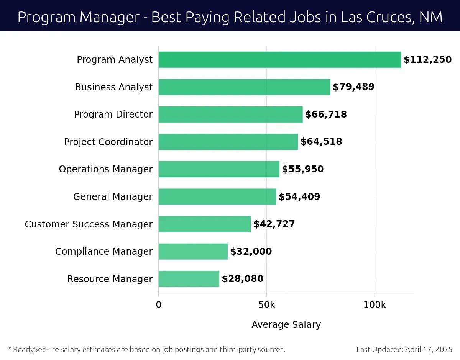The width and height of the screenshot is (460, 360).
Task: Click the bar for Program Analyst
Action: point(279,60)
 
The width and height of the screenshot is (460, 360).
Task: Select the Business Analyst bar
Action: point(244,87)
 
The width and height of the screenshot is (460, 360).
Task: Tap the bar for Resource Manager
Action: point(189,279)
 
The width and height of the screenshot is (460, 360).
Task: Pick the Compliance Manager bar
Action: point(193,252)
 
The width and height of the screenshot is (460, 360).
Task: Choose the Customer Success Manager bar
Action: point(204,224)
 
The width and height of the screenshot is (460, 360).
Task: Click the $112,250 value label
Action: point(427,60)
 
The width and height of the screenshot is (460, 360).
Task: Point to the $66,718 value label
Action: point(326,115)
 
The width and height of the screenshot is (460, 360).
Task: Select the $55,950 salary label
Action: point(302,169)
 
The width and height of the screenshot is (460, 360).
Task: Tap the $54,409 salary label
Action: point(299,197)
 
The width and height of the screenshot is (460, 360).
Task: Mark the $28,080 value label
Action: point(242,279)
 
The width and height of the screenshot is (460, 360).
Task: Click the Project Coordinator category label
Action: point(108,142)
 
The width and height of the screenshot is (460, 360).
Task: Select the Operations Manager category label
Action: point(105,169)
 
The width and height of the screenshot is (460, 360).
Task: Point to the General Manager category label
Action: point(113,197)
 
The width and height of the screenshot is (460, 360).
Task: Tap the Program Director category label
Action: point(113,115)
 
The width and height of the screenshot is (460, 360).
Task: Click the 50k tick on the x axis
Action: point(266,305)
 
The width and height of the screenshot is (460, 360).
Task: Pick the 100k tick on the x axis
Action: point(375,305)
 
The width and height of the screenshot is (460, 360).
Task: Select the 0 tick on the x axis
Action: point(159,305)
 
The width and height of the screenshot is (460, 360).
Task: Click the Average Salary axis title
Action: point(286,325)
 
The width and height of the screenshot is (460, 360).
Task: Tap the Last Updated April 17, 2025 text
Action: point(404,349)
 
